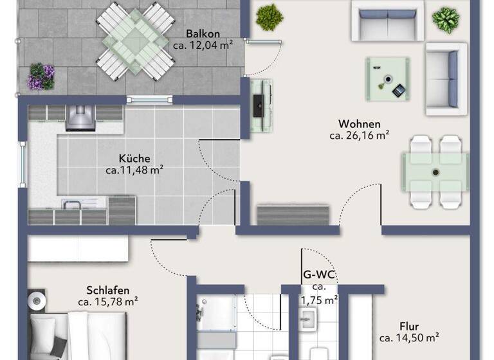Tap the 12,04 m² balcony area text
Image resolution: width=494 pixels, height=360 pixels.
(x=203, y=45)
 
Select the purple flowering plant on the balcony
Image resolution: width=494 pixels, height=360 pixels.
(x=41, y=76)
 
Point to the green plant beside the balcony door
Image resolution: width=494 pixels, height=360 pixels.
(x=270, y=17)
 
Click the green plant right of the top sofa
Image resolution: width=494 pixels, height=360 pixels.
(x=445, y=19)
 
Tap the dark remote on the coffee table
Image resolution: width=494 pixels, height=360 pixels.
(x=399, y=91)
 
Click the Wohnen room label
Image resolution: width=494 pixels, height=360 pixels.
(x=360, y=124)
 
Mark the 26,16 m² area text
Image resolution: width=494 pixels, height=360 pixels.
(x=360, y=136)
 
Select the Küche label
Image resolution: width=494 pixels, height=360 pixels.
(x=134, y=158)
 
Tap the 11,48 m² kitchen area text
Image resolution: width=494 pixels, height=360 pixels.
(x=134, y=170)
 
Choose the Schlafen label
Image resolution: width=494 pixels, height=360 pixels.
(x=108, y=289)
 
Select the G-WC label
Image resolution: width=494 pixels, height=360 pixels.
(x=320, y=275)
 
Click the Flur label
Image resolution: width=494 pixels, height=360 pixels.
(x=409, y=325)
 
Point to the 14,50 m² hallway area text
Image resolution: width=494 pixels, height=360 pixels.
(x=409, y=337)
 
